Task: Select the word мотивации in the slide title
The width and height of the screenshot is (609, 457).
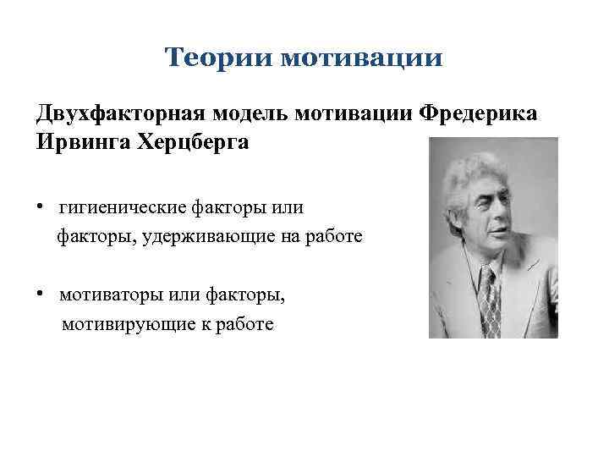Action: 361,58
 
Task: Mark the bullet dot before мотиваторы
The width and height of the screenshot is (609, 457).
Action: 40,294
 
